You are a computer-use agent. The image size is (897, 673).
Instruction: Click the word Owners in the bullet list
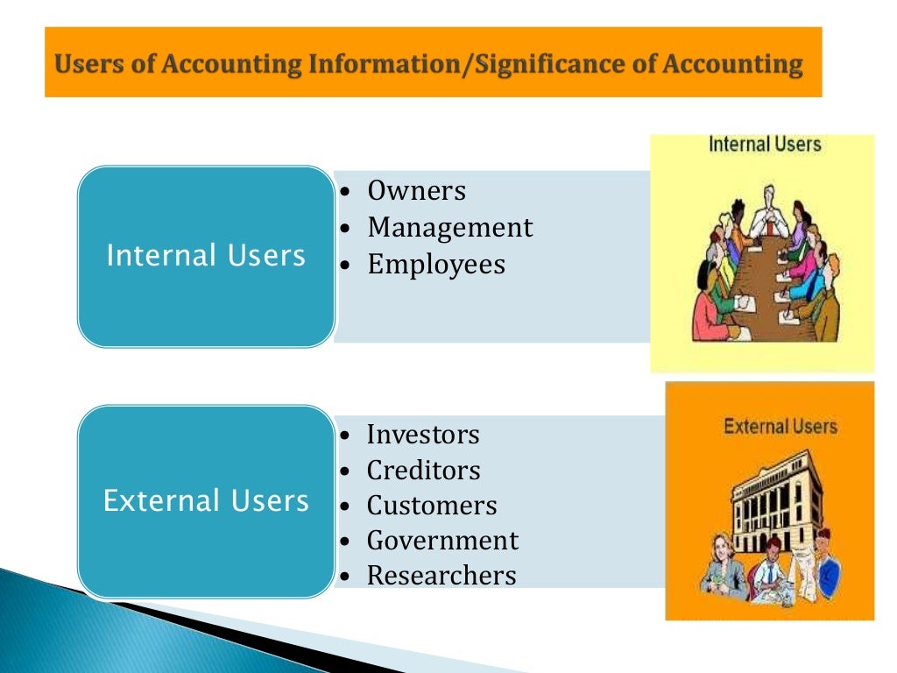coord(416,191)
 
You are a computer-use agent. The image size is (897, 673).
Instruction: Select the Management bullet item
coord(449,228)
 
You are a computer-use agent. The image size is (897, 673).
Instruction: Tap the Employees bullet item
coord(436,265)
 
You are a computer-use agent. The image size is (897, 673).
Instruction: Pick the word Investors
coord(423,435)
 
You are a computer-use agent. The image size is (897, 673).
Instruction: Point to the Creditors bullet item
coord(423,471)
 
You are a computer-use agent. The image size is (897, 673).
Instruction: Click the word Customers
coord(431,506)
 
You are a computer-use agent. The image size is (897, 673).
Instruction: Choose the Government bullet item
coord(442,541)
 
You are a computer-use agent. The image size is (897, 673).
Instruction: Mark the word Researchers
coord(441,576)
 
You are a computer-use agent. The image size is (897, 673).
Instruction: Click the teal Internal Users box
coord(206,256)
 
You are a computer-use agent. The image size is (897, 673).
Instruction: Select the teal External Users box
coord(206,501)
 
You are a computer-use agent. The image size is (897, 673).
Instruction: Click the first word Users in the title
coord(84,64)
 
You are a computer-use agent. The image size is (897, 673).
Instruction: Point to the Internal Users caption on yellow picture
coord(765,145)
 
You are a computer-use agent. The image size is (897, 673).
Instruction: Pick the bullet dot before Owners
coord(347,192)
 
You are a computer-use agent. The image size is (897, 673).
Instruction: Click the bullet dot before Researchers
coord(347,577)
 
